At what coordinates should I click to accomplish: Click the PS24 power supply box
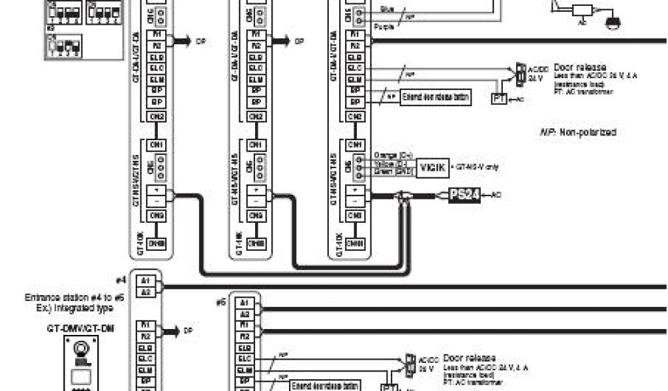click(464, 195)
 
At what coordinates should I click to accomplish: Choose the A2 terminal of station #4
click(145, 291)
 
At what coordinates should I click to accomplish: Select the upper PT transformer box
click(498, 99)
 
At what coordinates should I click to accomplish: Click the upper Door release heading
click(579, 67)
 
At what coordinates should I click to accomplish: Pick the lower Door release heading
click(469, 358)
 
